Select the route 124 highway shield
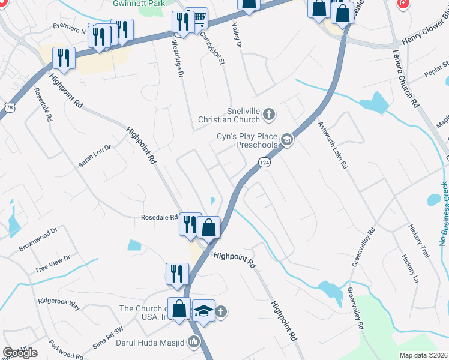264,162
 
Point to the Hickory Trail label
420,241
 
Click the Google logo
19,353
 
